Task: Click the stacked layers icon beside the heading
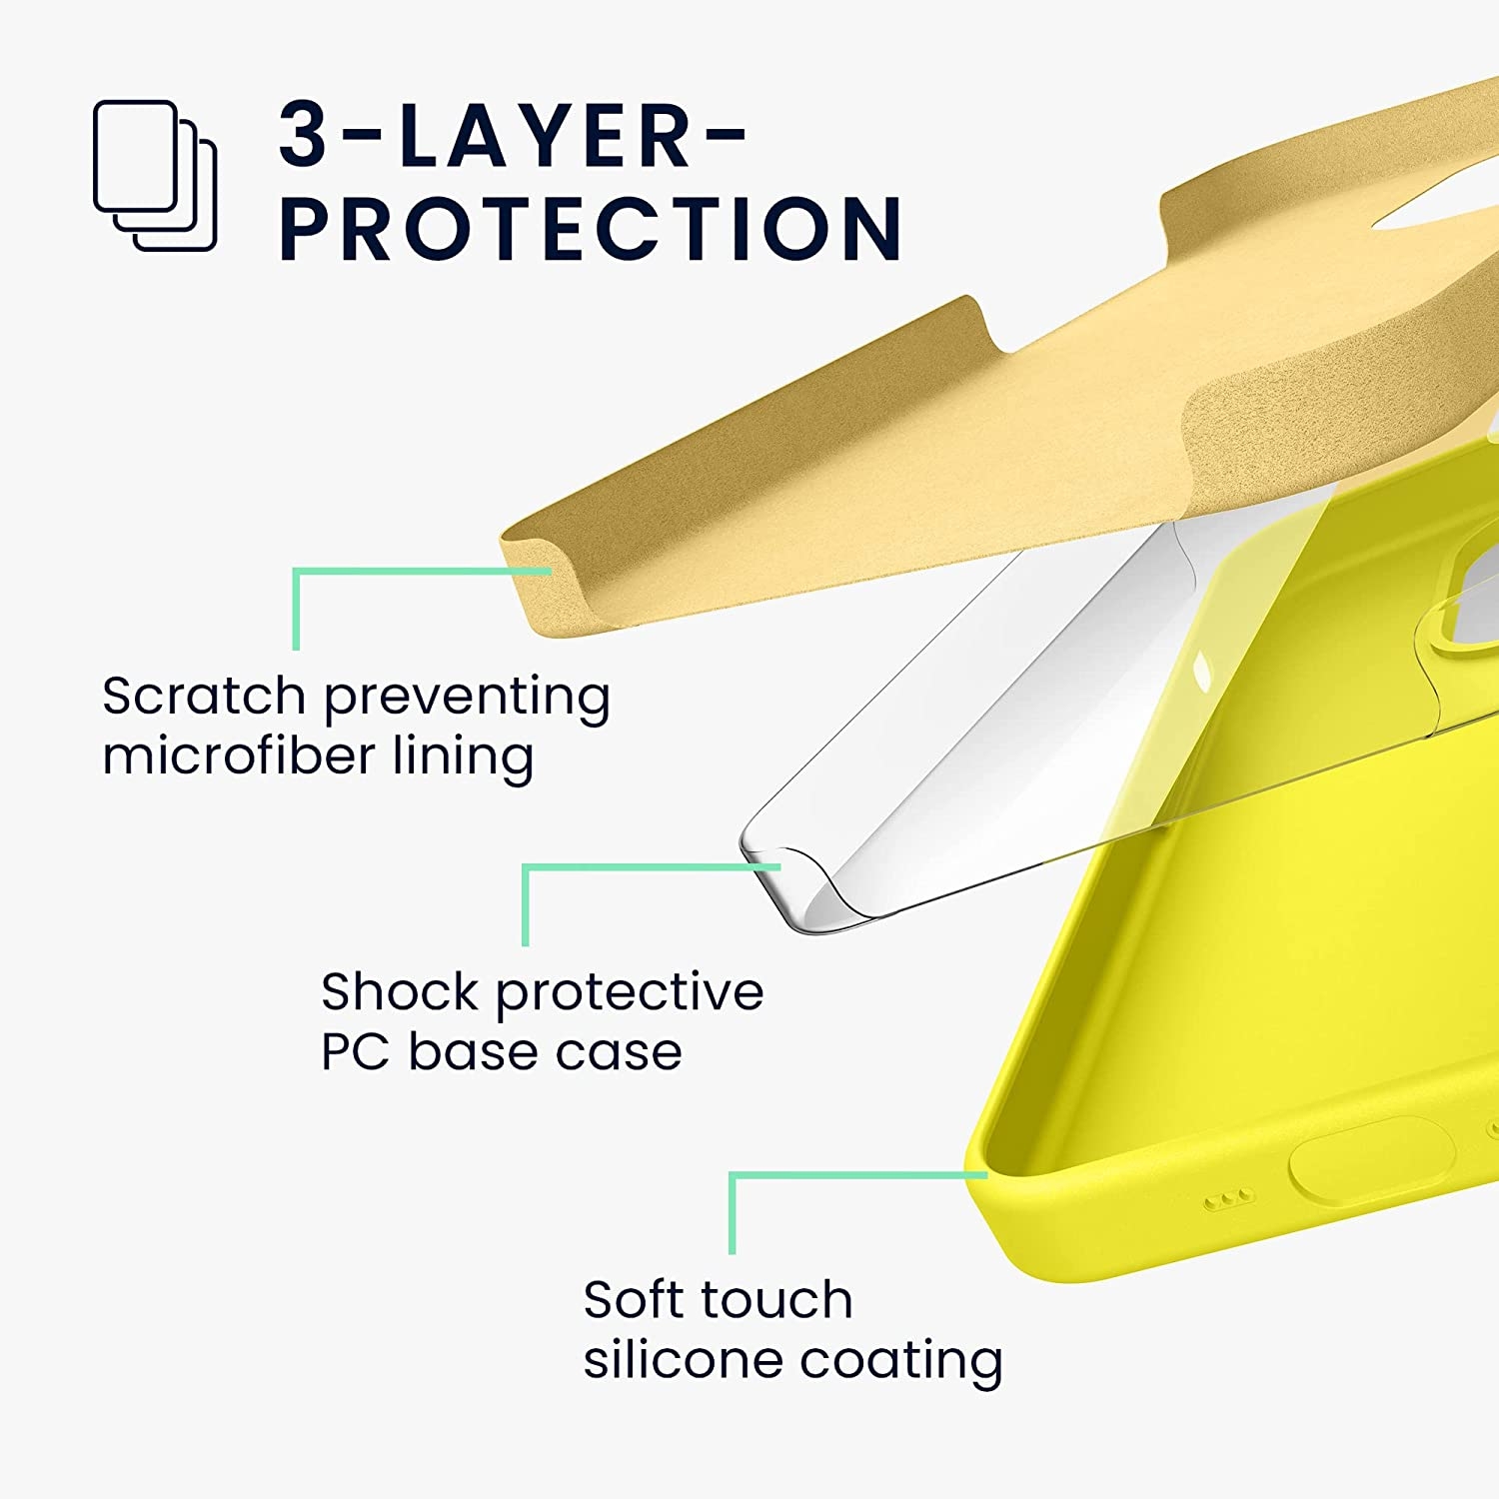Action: click(x=155, y=175)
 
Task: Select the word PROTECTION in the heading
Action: click(x=591, y=229)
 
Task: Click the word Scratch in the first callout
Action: click(x=203, y=696)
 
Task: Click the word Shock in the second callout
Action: click(x=400, y=991)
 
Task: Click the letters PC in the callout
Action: click(x=355, y=1051)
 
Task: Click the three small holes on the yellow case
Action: click(x=1228, y=1197)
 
